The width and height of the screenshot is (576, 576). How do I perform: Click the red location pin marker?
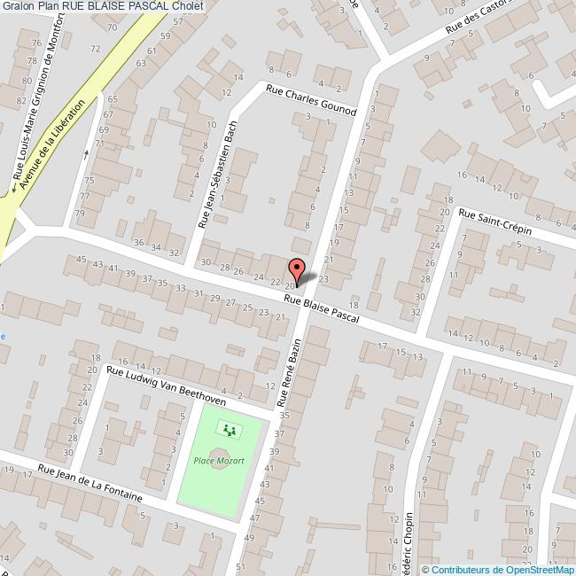point(296,269)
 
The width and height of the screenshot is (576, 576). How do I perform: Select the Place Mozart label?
point(213,461)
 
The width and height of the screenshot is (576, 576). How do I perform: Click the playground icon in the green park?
point(230,431)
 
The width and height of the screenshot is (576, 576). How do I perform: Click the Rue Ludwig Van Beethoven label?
point(166,385)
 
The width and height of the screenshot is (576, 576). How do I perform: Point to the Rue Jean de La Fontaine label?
point(90,483)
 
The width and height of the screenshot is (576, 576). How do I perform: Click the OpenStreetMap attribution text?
point(498,570)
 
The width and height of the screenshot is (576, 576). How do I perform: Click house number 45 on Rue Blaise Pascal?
point(82,260)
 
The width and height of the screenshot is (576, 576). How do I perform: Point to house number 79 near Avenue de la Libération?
point(80,214)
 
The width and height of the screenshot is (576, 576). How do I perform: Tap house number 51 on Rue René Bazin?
point(241,565)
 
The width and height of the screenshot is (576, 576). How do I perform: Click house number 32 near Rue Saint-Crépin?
point(416,311)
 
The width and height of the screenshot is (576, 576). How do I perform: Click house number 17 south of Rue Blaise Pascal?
point(383,346)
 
